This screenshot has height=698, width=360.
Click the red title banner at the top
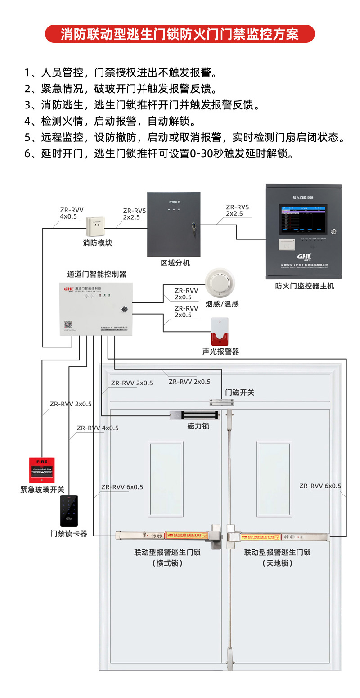click(180, 34)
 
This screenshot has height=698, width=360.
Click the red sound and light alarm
click(220, 332)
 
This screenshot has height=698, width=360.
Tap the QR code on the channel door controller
click(68, 325)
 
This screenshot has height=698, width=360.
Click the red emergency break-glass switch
click(42, 470)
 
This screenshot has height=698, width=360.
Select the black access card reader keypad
click(69, 511)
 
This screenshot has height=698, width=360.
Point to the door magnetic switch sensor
click(221, 401)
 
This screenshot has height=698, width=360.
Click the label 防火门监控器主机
click(305, 286)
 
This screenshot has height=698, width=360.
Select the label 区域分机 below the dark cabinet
click(175, 263)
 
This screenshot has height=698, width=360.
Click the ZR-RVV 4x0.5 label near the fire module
click(72, 213)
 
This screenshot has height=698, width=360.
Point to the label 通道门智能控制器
click(96, 274)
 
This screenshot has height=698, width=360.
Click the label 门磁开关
click(240, 392)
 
